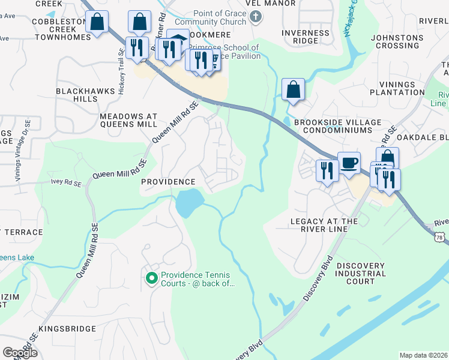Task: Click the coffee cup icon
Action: point(349,162)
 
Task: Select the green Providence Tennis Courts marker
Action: point(151,278)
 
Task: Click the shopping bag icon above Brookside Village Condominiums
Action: point(292,90)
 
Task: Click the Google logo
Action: point(20,353)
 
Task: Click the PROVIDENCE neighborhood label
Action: point(168,181)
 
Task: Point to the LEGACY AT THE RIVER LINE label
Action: point(324,225)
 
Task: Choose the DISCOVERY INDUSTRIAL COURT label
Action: point(364,273)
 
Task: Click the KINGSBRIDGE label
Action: point(67,329)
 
